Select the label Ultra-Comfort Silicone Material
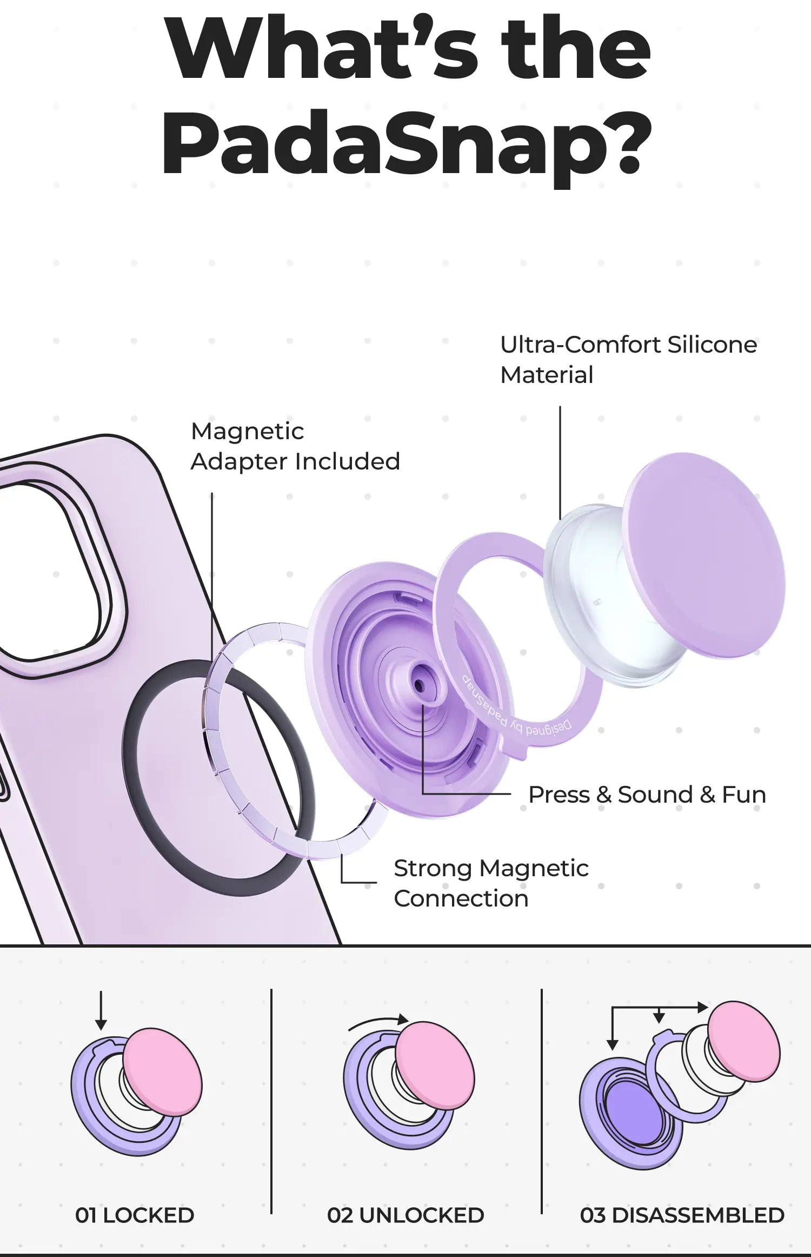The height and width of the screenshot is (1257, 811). coord(628,360)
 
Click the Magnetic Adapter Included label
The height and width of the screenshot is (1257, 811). coord(295,446)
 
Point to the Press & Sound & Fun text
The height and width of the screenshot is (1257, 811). coord(647,795)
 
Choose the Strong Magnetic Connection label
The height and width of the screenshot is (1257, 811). coord(490,883)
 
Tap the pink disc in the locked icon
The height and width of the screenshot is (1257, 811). coord(162,1071)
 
